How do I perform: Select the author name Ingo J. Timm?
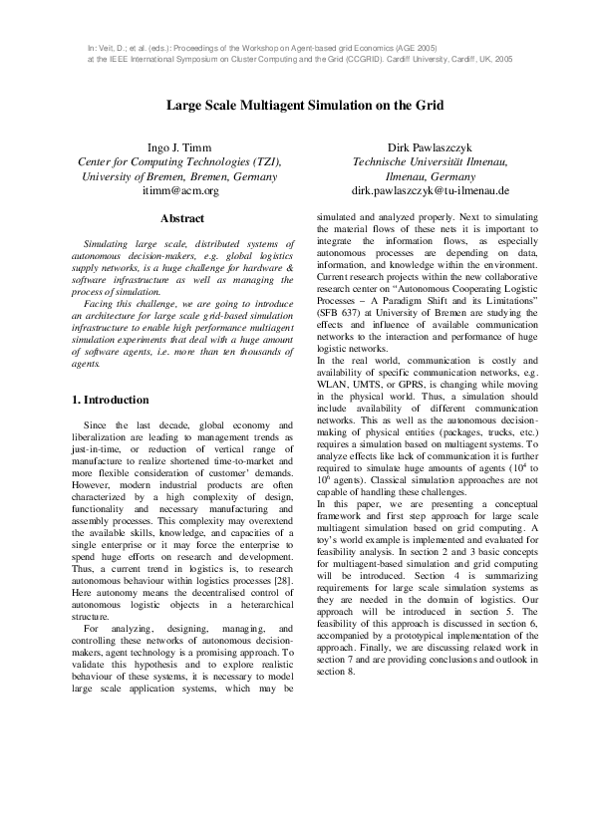coord(180,147)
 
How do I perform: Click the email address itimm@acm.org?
coord(180,190)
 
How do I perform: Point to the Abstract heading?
coord(181,218)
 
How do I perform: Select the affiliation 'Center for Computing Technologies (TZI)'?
coord(180,162)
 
